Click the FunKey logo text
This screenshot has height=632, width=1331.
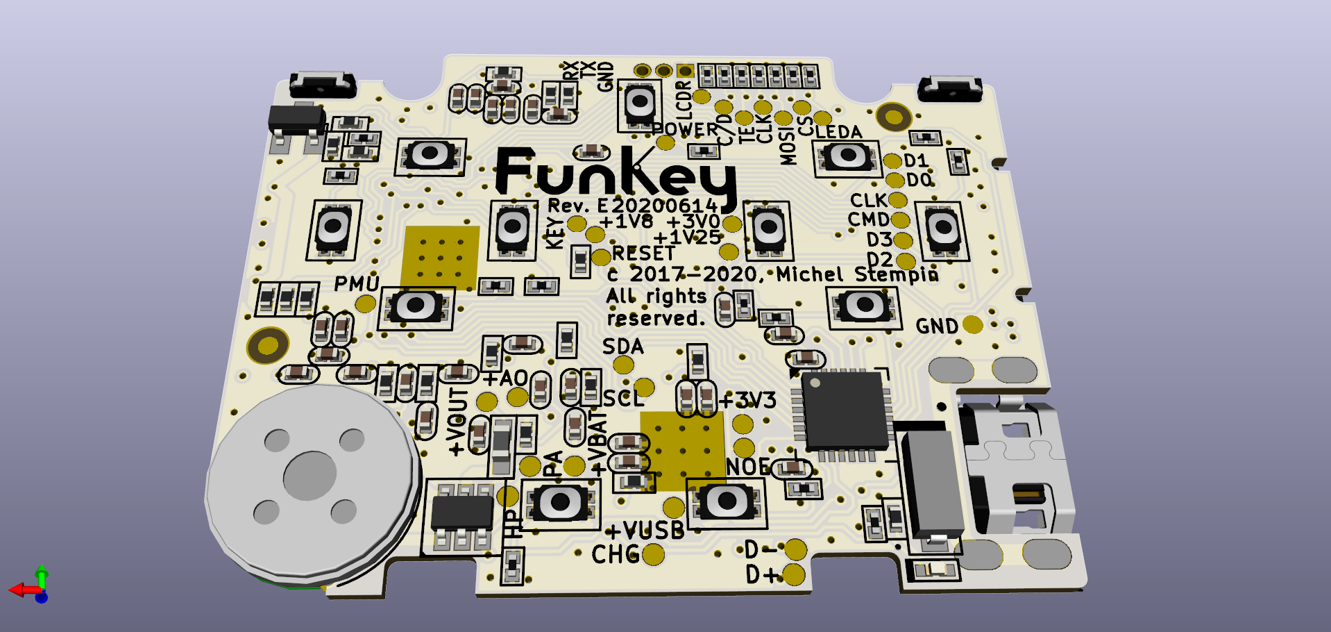pos(614,174)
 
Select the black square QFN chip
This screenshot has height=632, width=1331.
pos(845,410)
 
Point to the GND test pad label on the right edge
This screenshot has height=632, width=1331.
pos(937,326)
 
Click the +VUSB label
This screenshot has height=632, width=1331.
pos(645,531)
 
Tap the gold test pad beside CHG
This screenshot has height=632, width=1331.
pos(653,554)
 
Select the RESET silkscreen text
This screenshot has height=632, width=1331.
pos(643,253)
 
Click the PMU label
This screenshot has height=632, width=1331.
pos(356,283)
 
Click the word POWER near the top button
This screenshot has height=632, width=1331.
pos(685,130)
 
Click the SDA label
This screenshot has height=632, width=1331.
pos(622,347)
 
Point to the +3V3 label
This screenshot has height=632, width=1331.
pos(747,400)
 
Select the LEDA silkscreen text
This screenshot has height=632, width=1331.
pos(838,132)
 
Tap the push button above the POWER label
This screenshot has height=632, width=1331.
pos(639,103)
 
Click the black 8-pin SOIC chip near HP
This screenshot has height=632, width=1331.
pos(461,513)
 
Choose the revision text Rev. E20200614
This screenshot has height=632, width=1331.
pos(632,206)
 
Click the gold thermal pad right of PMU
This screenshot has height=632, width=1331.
pos(440,258)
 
